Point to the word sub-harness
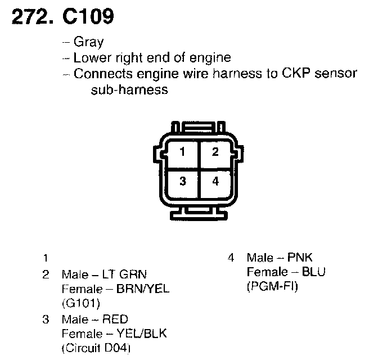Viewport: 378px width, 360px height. pos(129,89)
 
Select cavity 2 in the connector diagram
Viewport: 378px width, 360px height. pos(214,151)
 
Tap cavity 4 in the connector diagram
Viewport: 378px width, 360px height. pos(214,181)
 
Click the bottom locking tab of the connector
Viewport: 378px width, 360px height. pos(198,214)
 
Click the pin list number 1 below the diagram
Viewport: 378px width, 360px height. pos(45,259)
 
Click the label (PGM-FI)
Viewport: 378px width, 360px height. pos(272,287)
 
